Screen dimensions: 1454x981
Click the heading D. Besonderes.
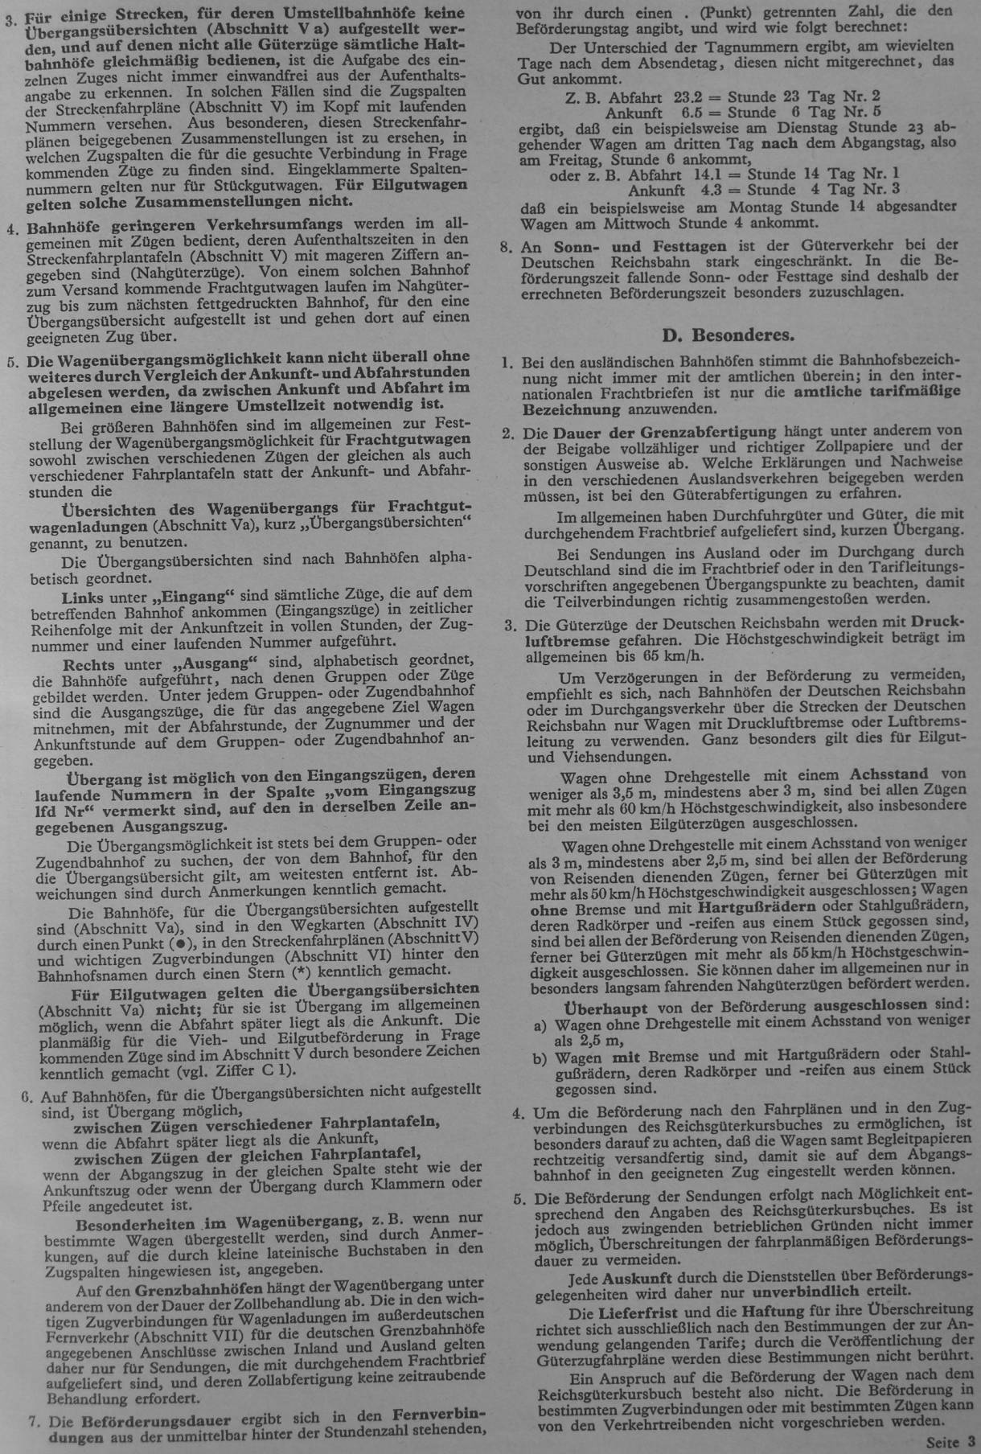pyautogui.click(x=728, y=334)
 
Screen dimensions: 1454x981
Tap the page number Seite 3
pyautogui.click(x=950, y=1442)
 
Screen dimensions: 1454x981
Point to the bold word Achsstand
pyautogui.click(x=888, y=775)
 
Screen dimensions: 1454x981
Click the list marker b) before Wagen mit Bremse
pyautogui.click(x=540, y=1057)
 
